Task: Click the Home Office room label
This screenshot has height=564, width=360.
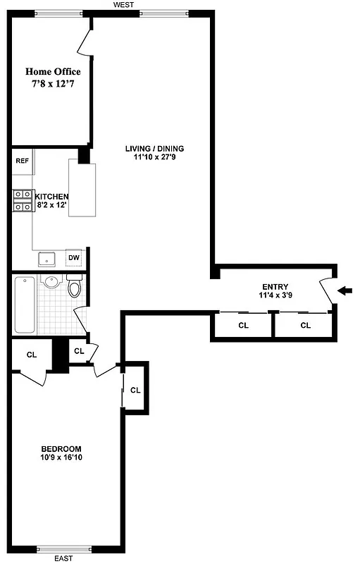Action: tap(53, 72)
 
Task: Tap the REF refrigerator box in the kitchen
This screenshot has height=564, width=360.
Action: tap(22, 161)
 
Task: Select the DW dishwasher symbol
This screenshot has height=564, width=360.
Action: tap(74, 257)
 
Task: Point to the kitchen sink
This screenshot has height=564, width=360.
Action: tap(47, 259)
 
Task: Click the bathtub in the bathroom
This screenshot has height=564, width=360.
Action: tap(25, 305)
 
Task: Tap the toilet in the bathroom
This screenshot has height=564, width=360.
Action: tap(75, 286)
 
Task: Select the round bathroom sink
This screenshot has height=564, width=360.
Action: tap(51, 283)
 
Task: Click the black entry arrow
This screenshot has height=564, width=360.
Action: tap(345, 290)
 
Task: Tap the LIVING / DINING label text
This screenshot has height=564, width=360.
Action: tap(154, 149)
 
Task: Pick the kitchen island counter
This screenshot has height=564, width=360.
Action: tap(82, 189)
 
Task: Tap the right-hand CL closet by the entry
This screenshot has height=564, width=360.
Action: tap(305, 326)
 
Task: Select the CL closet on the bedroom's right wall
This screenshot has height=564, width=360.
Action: tap(135, 390)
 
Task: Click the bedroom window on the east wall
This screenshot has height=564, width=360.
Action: tap(64, 549)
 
